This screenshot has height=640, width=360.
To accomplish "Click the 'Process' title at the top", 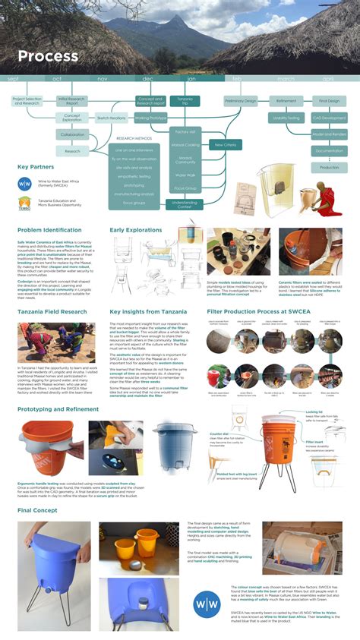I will [x=48, y=56].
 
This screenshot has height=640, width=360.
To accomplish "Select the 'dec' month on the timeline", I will [x=147, y=79].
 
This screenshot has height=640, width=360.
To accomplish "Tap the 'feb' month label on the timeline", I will [x=237, y=79].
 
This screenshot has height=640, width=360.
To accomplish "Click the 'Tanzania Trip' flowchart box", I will [x=185, y=100].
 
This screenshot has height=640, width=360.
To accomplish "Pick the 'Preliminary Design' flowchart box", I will [x=241, y=100].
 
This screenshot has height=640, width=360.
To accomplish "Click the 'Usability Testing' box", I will [x=286, y=118].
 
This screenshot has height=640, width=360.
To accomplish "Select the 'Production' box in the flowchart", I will [x=329, y=167].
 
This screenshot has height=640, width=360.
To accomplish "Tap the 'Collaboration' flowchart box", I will [x=73, y=134].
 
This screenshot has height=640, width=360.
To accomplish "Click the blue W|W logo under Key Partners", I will [x=25, y=183].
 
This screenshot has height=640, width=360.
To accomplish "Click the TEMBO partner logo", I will [x=24, y=203].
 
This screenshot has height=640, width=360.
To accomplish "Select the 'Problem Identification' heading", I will [x=49, y=229].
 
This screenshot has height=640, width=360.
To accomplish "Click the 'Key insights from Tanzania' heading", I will [x=147, y=312].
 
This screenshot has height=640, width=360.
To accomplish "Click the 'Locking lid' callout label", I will [x=314, y=412].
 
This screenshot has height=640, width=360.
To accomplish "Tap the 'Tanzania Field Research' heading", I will [x=52, y=312].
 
